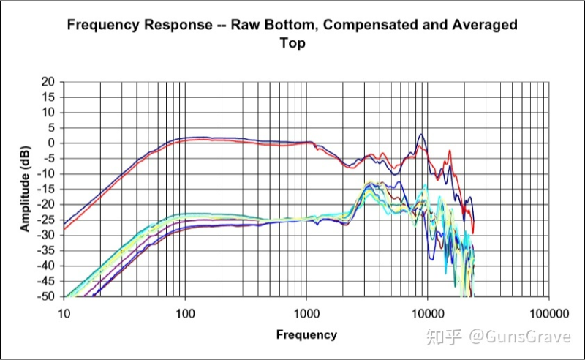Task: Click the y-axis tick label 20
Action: (48, 82)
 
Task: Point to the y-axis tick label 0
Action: (51, 143)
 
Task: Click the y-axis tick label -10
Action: (47, 174)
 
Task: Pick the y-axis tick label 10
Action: (48, 113)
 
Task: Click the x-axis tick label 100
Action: (185, 312)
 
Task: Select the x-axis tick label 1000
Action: (306, 312)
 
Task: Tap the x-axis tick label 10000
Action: (427, 312)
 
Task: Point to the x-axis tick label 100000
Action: (548, 312)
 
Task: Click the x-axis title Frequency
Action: (306, 335)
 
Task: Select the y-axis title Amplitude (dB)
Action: (26, 190)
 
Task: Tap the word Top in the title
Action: (292, 43)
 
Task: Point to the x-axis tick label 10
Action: (64, 312)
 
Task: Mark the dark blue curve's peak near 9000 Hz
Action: (420, 134)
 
